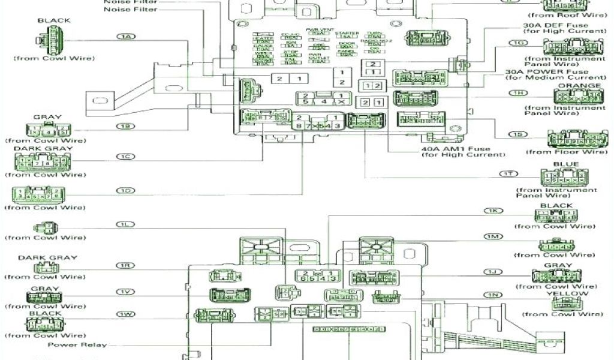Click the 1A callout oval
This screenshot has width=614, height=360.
pyautogui.click(x=126, y=37)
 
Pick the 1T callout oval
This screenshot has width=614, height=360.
pyautogui.click(x=508, y=173)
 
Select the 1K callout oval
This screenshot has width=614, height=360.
pyautogui.click(x=493, y=211)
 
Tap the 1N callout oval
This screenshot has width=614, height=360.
pyautogui.click(x=493, y=295)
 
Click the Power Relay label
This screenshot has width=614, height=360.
pyautogui.click(x=77, y=344)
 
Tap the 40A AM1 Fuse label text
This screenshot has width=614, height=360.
pyautogui.click(x=456, y=149)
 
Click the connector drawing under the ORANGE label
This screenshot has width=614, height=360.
pyautogui.click(x=578, y=97)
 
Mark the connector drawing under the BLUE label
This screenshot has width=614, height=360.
pyautogui.click(x=563, y=177)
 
